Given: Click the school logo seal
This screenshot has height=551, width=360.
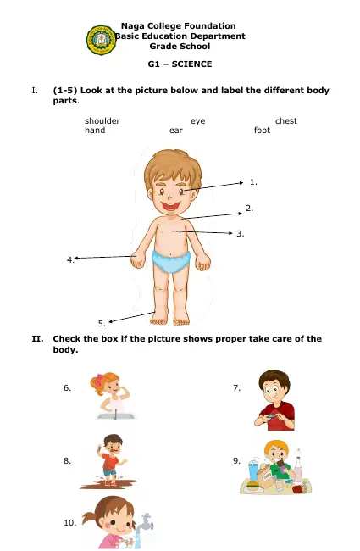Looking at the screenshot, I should [102, 39].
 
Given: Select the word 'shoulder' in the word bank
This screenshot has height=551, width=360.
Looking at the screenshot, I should [102, 121].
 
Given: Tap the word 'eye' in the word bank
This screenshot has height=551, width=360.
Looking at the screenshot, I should [197, 121].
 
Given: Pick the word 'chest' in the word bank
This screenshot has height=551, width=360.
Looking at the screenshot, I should [285, 121].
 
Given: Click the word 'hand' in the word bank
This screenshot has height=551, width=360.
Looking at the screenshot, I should [95, 131].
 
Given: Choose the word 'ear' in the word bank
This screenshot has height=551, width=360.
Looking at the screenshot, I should [175, 131].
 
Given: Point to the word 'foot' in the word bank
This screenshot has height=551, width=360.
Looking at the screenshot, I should [262, 131].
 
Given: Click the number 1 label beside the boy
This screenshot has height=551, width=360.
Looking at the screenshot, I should [254, 181].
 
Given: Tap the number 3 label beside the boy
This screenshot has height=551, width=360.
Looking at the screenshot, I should [240, 232].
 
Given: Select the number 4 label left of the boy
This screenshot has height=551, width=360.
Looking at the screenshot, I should [70, 259].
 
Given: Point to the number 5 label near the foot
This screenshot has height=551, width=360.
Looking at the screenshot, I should [102, 323].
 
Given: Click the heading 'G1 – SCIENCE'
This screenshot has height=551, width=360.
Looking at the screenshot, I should [179, 64].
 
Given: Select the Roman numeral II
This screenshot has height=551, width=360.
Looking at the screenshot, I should [37, 338].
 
